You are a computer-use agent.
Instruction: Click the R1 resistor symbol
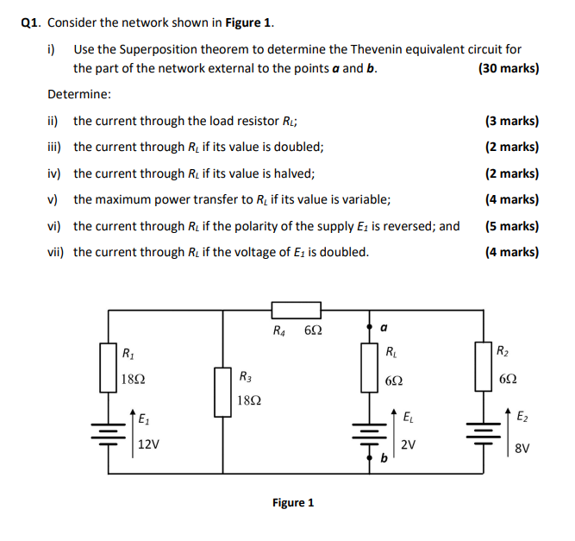(108, 366)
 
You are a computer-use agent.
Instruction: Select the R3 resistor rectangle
(223, 391)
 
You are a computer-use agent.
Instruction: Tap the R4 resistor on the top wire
(297, 311)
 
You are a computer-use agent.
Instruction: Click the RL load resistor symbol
(372, 366)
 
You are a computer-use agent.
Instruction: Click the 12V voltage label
(148, 445)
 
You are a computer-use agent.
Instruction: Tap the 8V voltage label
(522, 448)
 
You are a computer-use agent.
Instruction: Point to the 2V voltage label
(409, 445)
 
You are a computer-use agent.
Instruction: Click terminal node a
(372, 329)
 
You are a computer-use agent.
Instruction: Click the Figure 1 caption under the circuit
(293, 502)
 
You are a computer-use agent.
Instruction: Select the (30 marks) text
(508, 68)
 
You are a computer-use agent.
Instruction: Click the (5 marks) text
(511, 226)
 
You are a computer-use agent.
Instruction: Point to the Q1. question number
(32, 22)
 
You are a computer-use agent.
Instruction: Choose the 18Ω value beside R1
(134, 379)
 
